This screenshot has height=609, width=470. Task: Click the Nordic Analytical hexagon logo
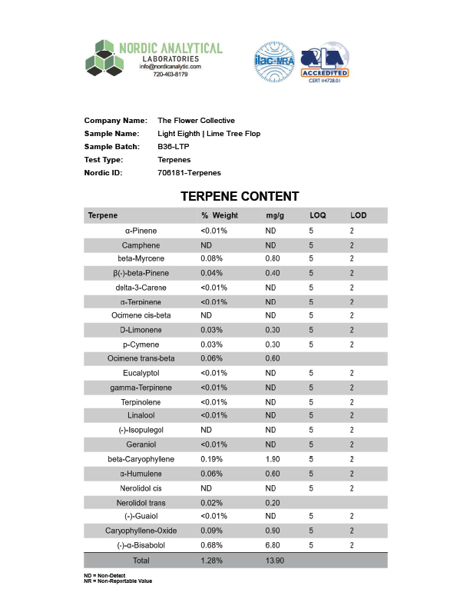tap(104, 58)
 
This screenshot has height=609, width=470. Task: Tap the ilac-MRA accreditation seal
tap(275, 62)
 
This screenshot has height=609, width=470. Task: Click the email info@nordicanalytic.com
tap(170, 67)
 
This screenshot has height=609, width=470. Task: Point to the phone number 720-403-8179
tap(170, 75)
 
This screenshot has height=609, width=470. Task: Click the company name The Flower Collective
tap(196, 121)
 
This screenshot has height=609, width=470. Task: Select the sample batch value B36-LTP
tap(174, 147)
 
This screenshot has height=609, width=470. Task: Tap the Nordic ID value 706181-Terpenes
tap(189, 173)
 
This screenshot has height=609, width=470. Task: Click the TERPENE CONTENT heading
tap(240, 197)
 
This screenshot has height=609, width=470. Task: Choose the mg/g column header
tap(275, 215)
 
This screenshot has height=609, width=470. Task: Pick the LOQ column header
tap(318, 215)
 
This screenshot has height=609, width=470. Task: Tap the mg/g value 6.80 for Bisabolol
tap(273, 545)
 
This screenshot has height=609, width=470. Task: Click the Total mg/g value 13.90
tap(275, 561)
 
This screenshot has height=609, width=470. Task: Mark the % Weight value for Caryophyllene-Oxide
tap(211, 531)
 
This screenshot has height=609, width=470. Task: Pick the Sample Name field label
tap(111, 134)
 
